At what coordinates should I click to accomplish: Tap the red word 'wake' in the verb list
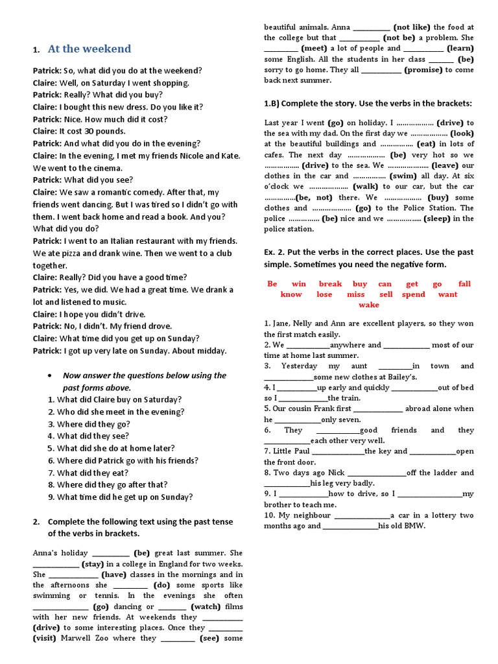coord(369,305)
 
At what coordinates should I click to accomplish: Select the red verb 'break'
coord(330,283)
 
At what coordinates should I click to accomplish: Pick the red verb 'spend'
coord(413,294)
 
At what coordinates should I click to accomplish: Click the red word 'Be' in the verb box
coord(272,283)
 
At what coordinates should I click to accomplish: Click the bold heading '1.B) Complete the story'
coord(368,103)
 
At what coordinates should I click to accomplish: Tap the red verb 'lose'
coord(324,294)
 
